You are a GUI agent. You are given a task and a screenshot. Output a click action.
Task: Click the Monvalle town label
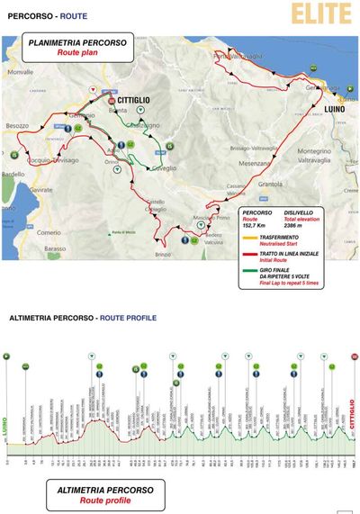(19, 70)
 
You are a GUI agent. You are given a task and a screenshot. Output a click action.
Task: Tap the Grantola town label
(270, 185)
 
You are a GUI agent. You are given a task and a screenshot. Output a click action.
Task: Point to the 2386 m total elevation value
(297, 227)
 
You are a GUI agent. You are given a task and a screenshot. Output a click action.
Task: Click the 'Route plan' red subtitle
(78, 53)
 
